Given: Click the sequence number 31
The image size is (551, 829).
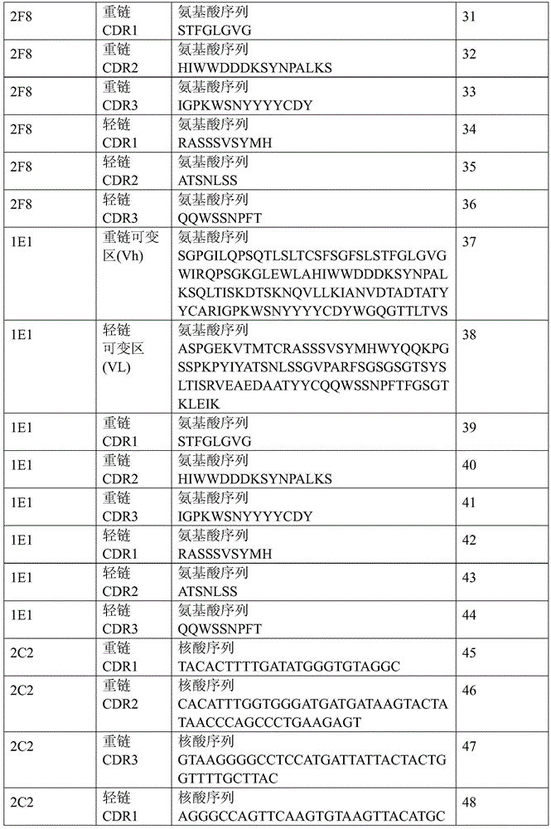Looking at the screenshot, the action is coord(468,17).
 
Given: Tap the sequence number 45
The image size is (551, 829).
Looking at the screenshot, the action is coord(469,653).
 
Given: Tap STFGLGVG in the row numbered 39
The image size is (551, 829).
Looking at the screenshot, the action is coord(215,442).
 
